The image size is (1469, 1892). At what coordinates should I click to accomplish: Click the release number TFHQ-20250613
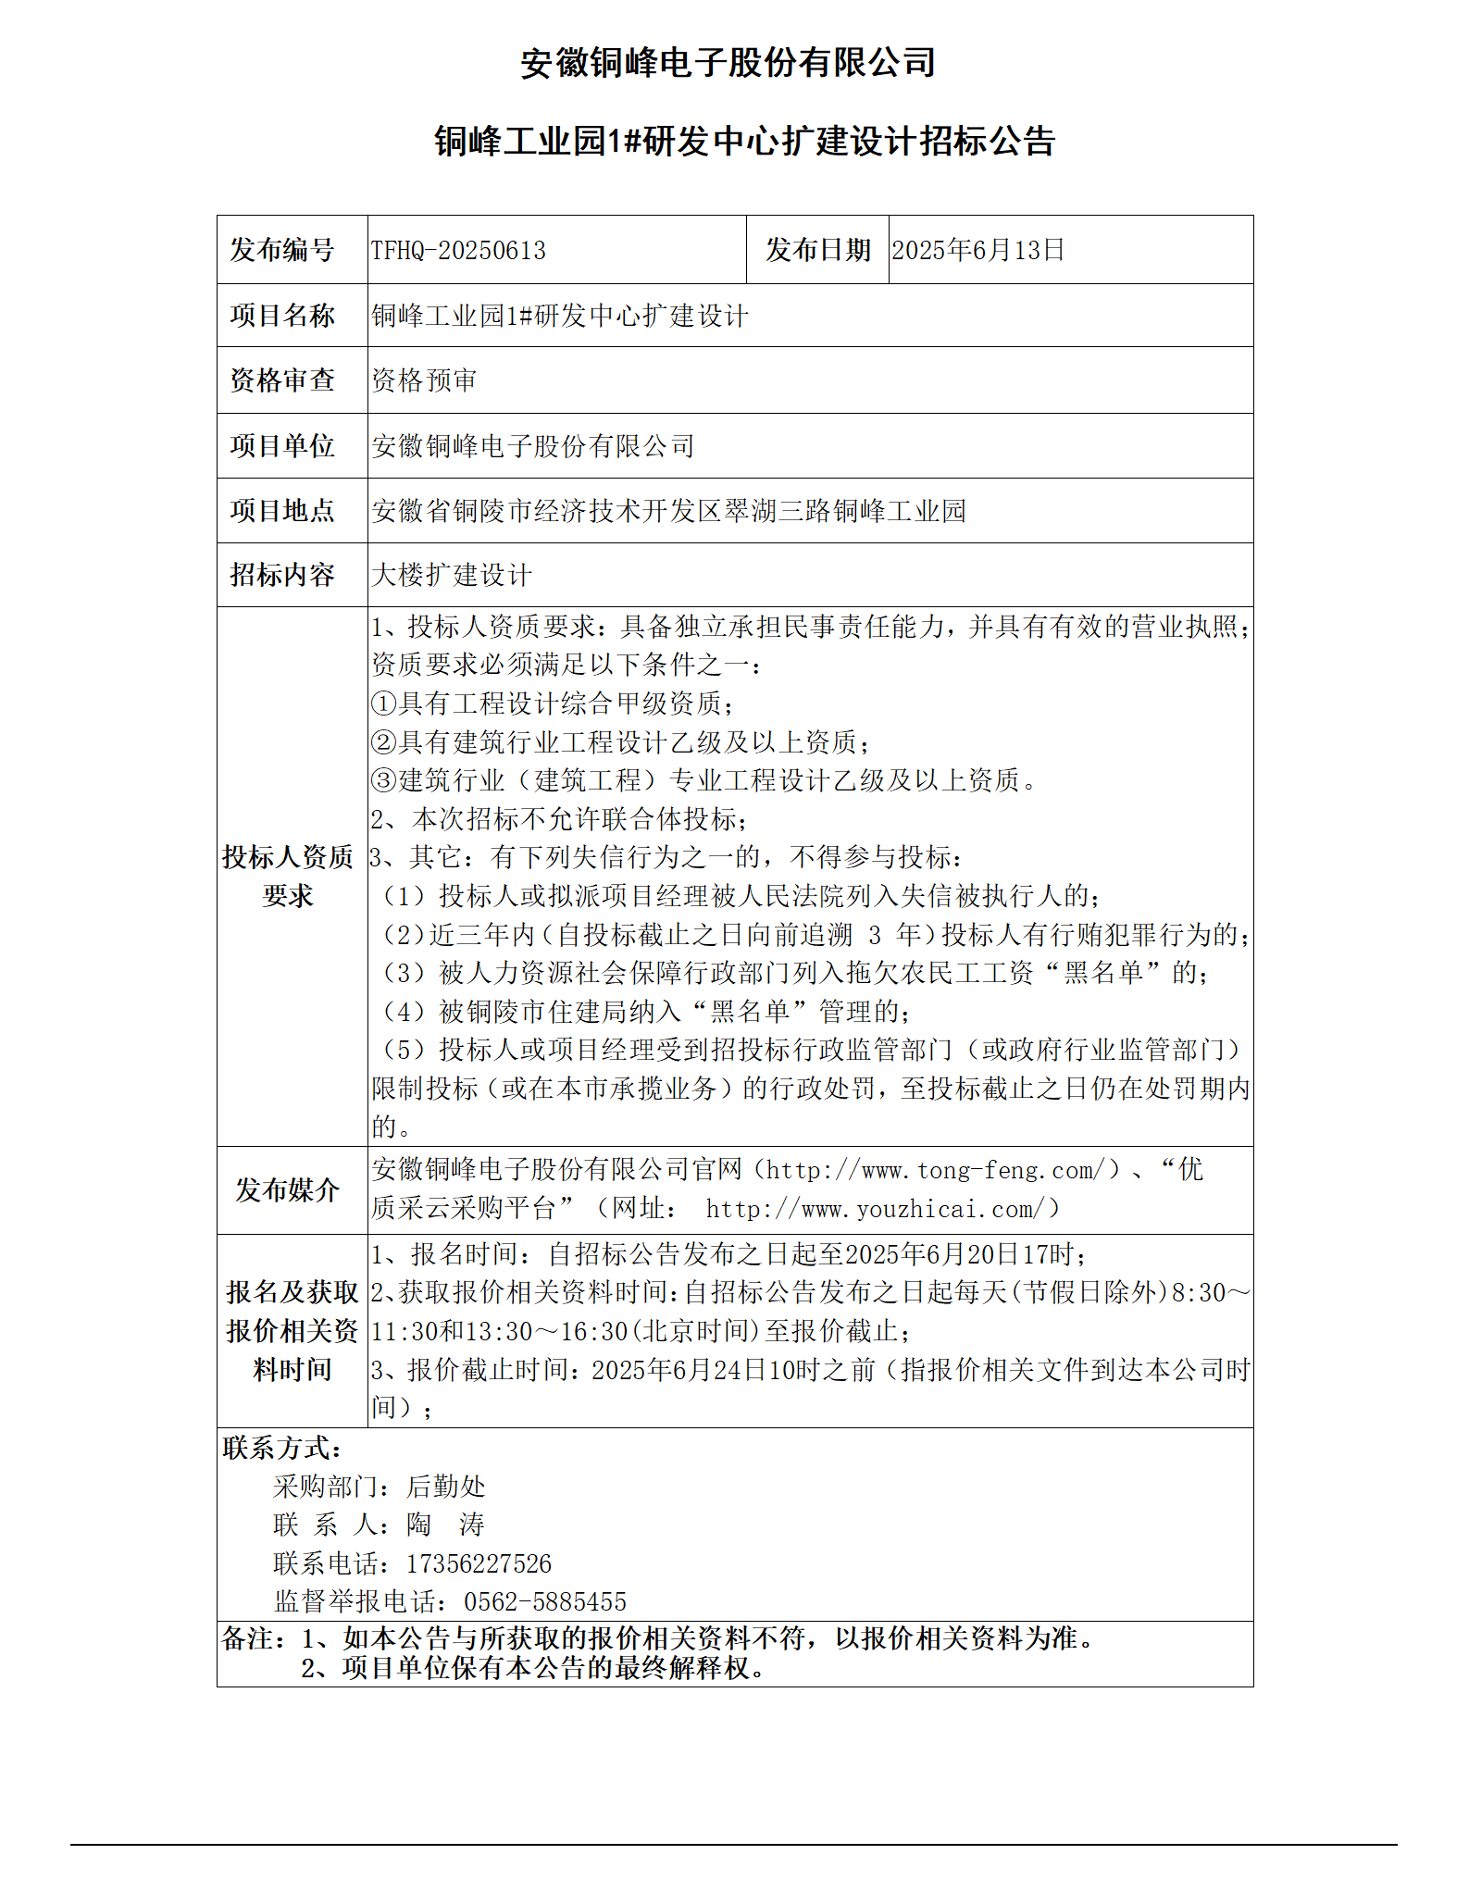[458, 251]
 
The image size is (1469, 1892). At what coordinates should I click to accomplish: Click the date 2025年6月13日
[977, 251]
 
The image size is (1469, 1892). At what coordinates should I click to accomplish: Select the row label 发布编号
[282, 251]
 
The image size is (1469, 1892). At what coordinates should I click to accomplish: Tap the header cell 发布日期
[817, 251]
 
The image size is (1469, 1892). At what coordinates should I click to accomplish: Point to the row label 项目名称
[282, 316]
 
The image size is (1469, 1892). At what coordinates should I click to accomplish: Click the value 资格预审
[424, 380]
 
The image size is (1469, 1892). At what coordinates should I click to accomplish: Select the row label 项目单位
[282, 446]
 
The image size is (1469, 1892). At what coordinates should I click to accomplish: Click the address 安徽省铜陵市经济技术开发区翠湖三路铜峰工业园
[668, 511]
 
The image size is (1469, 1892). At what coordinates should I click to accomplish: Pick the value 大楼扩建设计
[452, 576]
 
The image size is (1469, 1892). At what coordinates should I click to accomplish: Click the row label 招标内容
[282, 576]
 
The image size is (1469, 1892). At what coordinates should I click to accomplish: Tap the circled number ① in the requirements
[384, 704]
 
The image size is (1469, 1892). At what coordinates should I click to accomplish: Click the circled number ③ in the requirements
[384, 781]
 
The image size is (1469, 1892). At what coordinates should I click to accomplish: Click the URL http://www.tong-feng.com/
[936, 1171]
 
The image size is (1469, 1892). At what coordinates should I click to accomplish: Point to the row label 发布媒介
[287, 1190]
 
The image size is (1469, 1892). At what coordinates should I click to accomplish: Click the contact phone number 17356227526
[479, 1564]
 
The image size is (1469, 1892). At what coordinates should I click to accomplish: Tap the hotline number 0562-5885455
[545, 1602]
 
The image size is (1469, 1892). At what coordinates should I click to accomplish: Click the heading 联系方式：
[282, 1449]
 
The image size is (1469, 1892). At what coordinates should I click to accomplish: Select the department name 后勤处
[445, 1487]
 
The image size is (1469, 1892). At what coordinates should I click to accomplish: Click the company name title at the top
[728, 63]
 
